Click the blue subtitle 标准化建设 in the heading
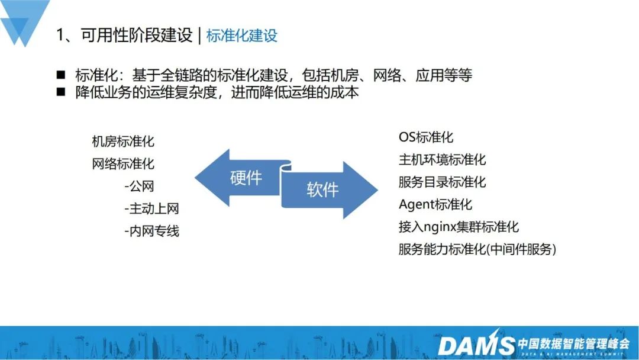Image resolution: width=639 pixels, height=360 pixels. click(x=241, y=36)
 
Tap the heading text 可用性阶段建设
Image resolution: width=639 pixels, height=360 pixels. click(x=137, y=35)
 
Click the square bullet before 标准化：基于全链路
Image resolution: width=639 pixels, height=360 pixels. click(x=61, y=75)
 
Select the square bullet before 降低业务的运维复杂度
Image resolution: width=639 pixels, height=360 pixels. click(x=61, y=92)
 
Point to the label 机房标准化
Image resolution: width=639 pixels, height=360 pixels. click(x=123, y=142)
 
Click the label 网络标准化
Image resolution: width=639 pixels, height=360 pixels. click(x=123, y=164)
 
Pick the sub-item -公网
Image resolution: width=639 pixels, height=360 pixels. click(x=140, y=187)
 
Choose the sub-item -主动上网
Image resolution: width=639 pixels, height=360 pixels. click(x=151, y=209)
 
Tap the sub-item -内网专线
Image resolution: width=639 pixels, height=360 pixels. click(x=151, y=231)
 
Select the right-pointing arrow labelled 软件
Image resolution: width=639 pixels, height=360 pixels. click(x=330, y=189)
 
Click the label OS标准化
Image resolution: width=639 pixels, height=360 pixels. click(x=426, y=137)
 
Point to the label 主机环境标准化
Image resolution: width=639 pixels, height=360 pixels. click(x=442, y=159)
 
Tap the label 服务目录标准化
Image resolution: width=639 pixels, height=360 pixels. click(x=442, y=182)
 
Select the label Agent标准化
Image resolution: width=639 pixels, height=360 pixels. click(x=435, y=204)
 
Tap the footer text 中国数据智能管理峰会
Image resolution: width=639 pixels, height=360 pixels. click(x=573, y=343)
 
